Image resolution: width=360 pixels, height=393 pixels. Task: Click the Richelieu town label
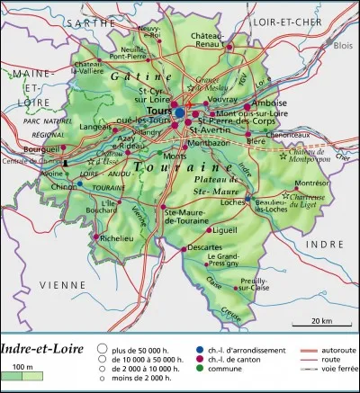(x=114, y=239)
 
